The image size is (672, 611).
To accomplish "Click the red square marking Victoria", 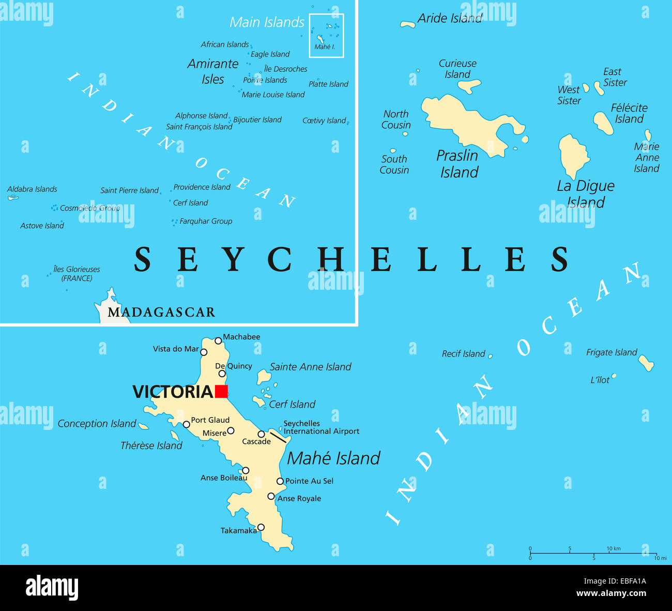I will [221, 392].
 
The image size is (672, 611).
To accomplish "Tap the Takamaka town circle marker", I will [261, 527].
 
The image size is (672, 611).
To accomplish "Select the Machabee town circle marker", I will [218, 340].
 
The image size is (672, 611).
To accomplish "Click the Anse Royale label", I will [299, 498].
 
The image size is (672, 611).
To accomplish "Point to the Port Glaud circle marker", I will [187, 424].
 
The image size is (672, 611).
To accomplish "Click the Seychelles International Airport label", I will [321, 427].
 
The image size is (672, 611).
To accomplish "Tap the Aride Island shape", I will [408, 24].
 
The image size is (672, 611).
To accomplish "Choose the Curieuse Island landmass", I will [469, 85].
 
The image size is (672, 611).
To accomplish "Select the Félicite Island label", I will [629, 113].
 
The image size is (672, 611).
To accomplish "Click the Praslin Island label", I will [459, 163].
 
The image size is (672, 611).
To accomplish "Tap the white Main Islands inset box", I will [326, 35].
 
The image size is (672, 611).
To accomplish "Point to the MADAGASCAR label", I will [161, 312].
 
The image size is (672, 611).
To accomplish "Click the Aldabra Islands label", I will [32, 189].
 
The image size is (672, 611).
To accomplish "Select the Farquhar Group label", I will [206, 221].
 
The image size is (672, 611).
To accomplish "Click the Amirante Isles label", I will [212, 71].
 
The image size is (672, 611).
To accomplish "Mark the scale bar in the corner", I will [593, 553].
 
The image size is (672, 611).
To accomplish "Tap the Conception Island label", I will [97, 424].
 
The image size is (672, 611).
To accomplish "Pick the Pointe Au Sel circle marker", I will [280, 481].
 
